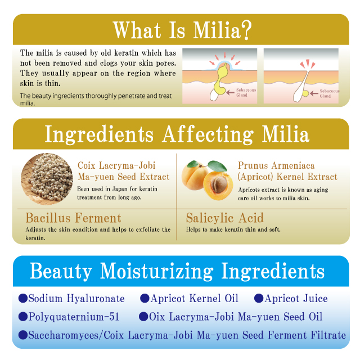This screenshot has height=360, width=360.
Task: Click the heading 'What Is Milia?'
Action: [x=182, y=30]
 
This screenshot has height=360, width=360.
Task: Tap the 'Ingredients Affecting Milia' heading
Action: [x=177, y=134]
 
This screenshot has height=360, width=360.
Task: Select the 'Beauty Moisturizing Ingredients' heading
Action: [x=177, y=271]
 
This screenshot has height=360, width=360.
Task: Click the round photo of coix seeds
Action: [x=47, y=179]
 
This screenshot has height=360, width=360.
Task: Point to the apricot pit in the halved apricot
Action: [x=219, y=184]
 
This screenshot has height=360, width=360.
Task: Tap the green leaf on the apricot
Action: [x=217, y=165]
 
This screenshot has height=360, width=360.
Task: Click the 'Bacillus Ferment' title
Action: [x=73, y=218]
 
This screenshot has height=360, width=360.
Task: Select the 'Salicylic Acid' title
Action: [x=225, y=218]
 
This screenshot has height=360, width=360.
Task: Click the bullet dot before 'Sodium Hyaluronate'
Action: [x=23, y=299]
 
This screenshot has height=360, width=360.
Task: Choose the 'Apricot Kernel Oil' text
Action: [x=195, y=299]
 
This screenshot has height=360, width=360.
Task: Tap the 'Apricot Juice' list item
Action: [x=296, y=299]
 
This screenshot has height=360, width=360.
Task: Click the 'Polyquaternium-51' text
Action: [x=74, y=317]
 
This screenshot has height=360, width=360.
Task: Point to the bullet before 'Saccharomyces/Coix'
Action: [x=23, y=335]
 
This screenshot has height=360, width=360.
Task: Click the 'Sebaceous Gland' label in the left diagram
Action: [x=246, y=92]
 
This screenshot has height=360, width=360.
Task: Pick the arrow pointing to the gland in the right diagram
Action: [x=314, y=93]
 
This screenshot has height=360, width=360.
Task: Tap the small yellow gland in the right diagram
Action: [x=305, y=93]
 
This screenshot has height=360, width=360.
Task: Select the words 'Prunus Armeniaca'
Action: [x=276, y=165]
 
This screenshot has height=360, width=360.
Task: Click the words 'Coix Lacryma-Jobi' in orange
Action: [x=116, y=165]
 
